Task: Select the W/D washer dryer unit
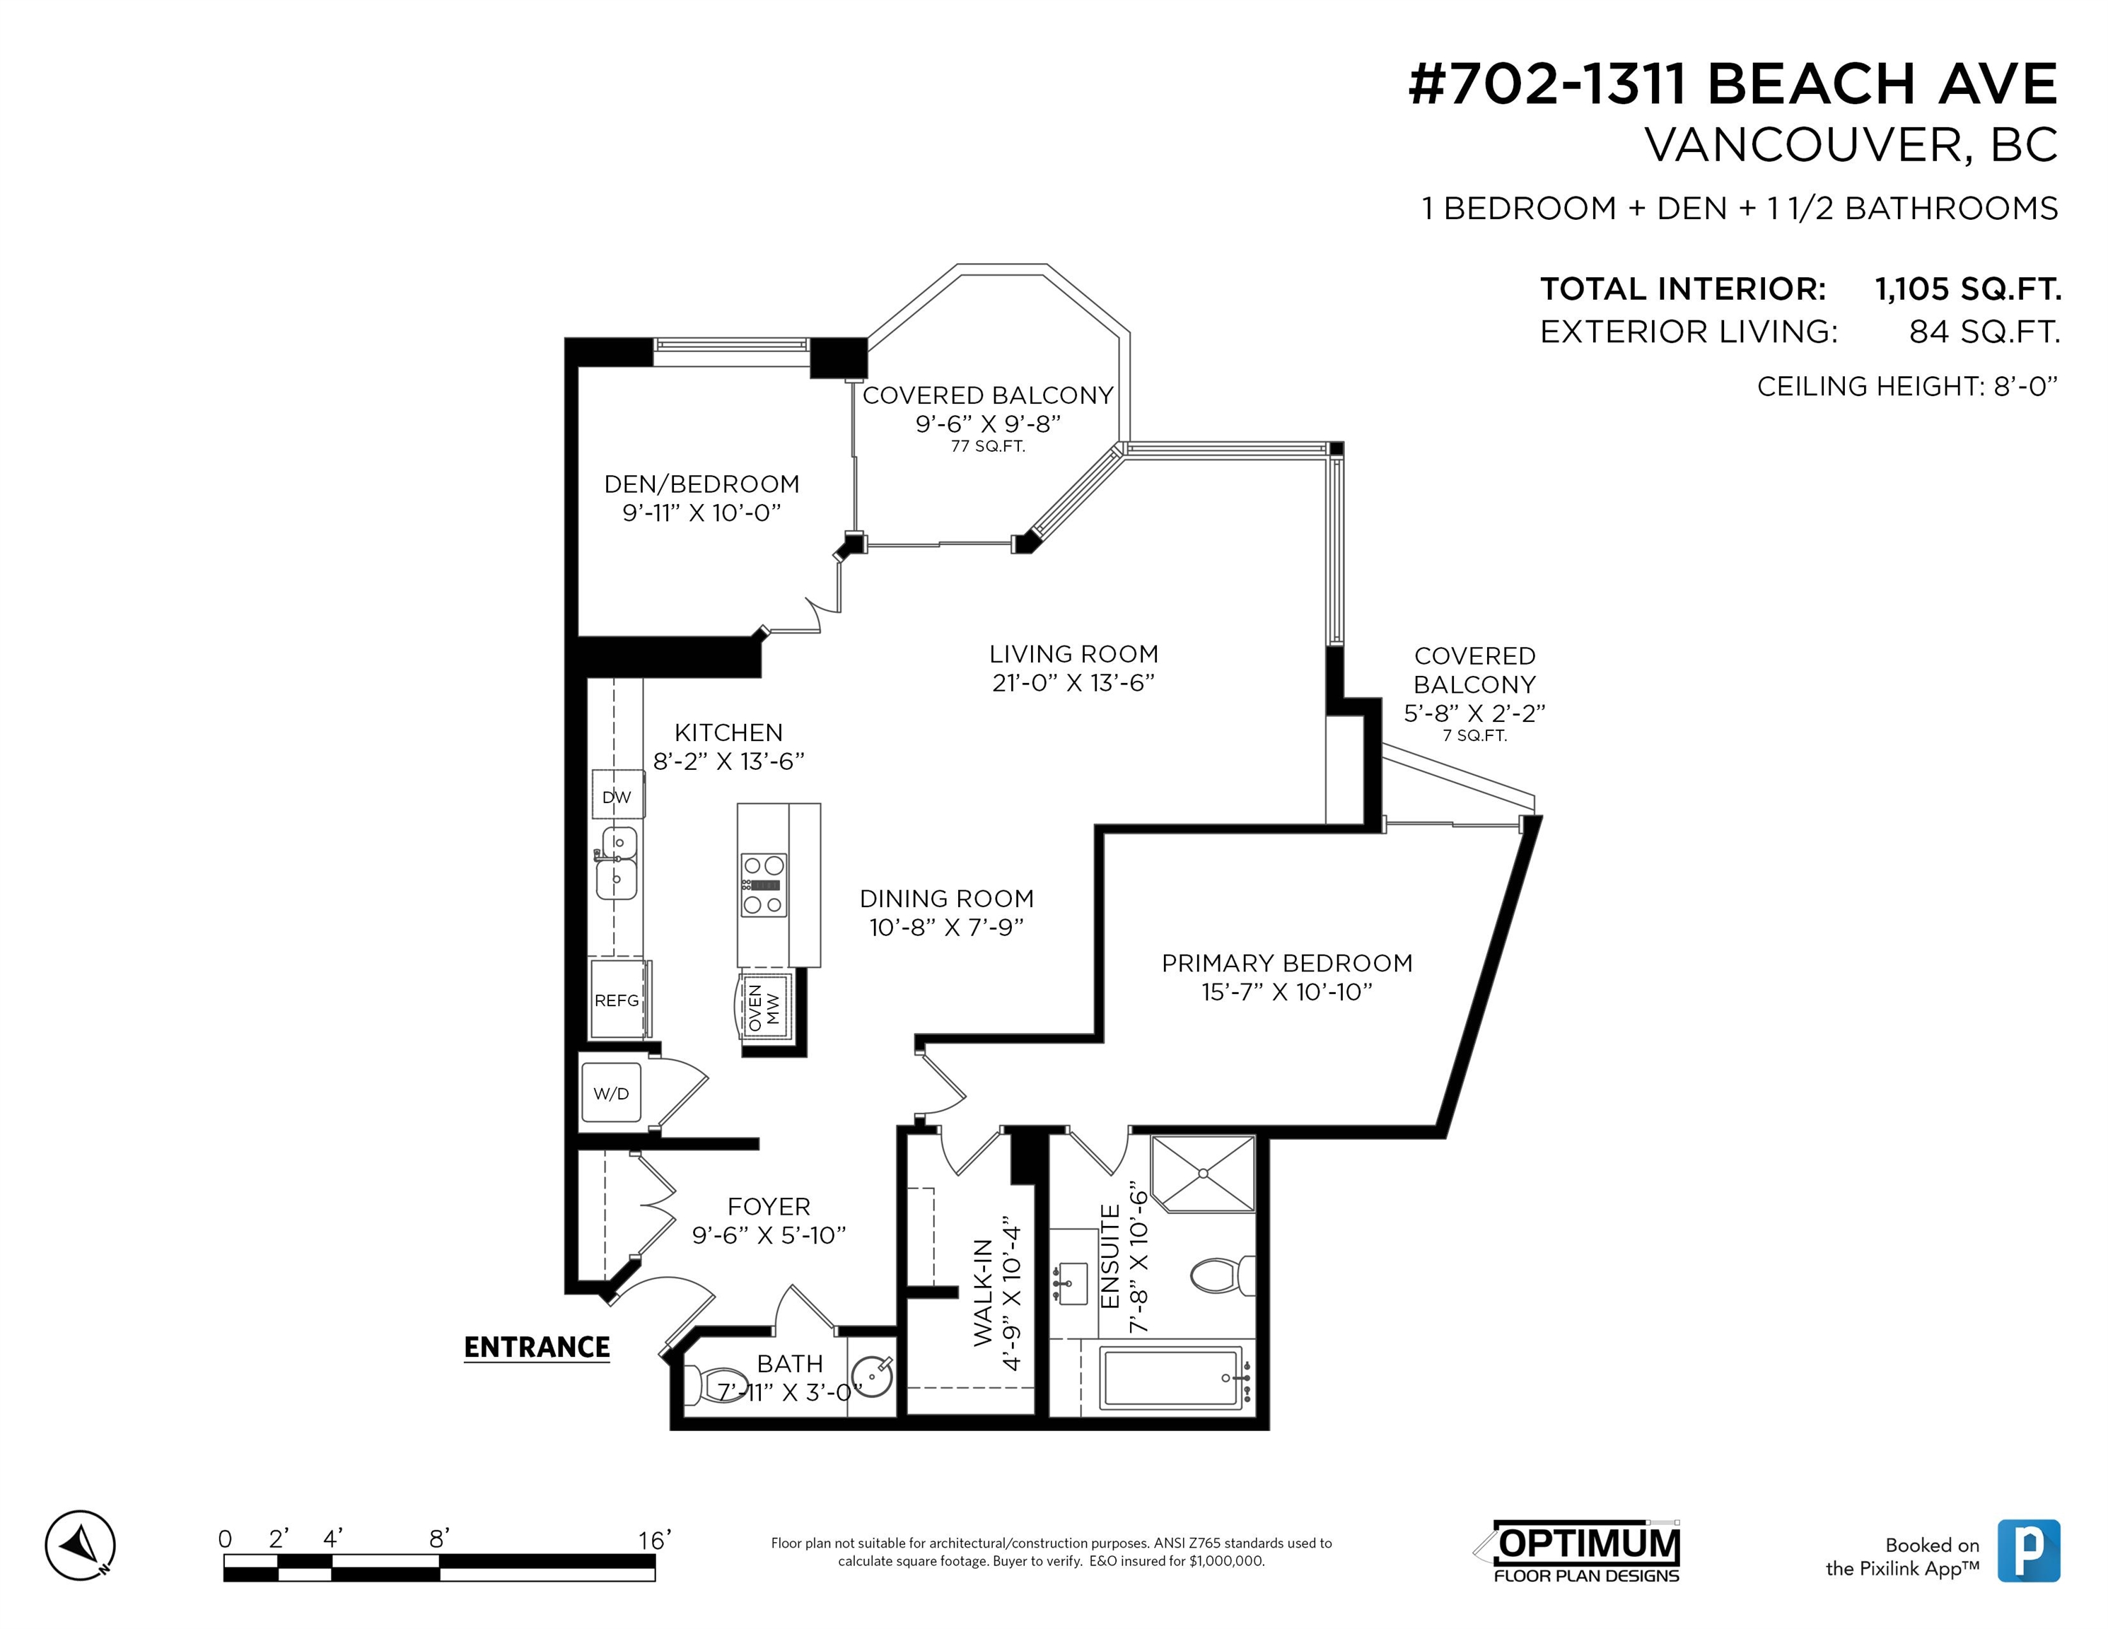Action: pos(611,1093)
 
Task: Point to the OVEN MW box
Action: pos(767,1005)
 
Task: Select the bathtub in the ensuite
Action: pos(1172,1378)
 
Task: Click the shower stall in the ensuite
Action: pos(1204,1174)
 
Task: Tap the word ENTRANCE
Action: pos(537,1347)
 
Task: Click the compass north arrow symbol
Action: pos(80,1545)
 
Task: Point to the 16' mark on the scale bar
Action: pos(653,1539)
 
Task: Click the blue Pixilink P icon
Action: pos(2029,1550)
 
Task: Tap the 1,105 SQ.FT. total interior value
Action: pos(1968,288)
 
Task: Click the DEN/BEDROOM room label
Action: pos(701,484)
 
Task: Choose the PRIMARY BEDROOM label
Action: pos(1286,963)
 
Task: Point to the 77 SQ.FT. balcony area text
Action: pos(987,447)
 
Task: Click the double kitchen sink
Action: pos(618,862)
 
